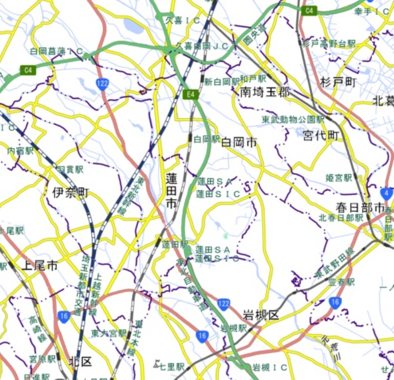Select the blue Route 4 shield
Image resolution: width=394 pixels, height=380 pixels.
point(387,193)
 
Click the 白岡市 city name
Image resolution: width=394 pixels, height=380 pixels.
point(239,143)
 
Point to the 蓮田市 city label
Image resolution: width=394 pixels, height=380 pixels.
point(171,190)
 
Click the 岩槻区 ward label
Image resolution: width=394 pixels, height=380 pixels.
point(261,315)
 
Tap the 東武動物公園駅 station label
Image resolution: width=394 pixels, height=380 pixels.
point(293,120)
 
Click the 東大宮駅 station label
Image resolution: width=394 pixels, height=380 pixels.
point(108,334)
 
